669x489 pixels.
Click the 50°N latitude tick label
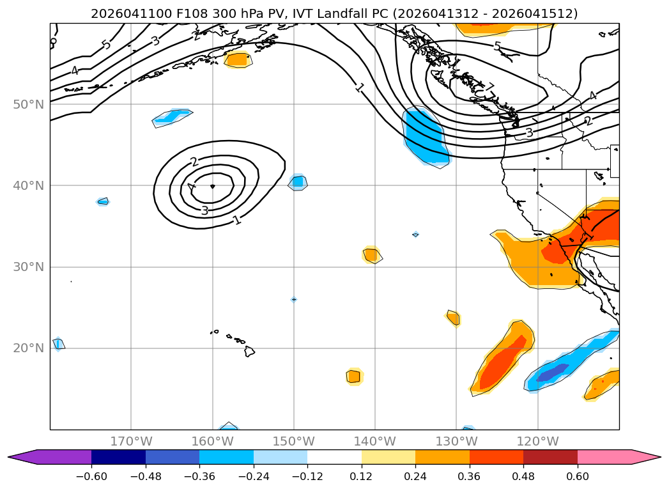29,105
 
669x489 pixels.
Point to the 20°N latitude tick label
29,348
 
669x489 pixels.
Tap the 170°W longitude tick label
132,441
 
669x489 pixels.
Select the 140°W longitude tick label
375,441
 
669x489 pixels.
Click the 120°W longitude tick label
537,441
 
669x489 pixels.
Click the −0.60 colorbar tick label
91,476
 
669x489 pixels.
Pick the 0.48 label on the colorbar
523,476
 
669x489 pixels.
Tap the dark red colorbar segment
550,457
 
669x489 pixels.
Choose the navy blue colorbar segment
119,457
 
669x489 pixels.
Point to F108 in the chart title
191,13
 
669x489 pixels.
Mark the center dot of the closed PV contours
213,186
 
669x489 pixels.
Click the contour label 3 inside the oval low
205,210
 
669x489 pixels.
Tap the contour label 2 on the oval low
194,162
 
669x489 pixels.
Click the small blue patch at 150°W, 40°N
298,183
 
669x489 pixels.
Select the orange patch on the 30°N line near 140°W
372,255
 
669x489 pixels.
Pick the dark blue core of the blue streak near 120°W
552,373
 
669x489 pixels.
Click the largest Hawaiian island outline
250,351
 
